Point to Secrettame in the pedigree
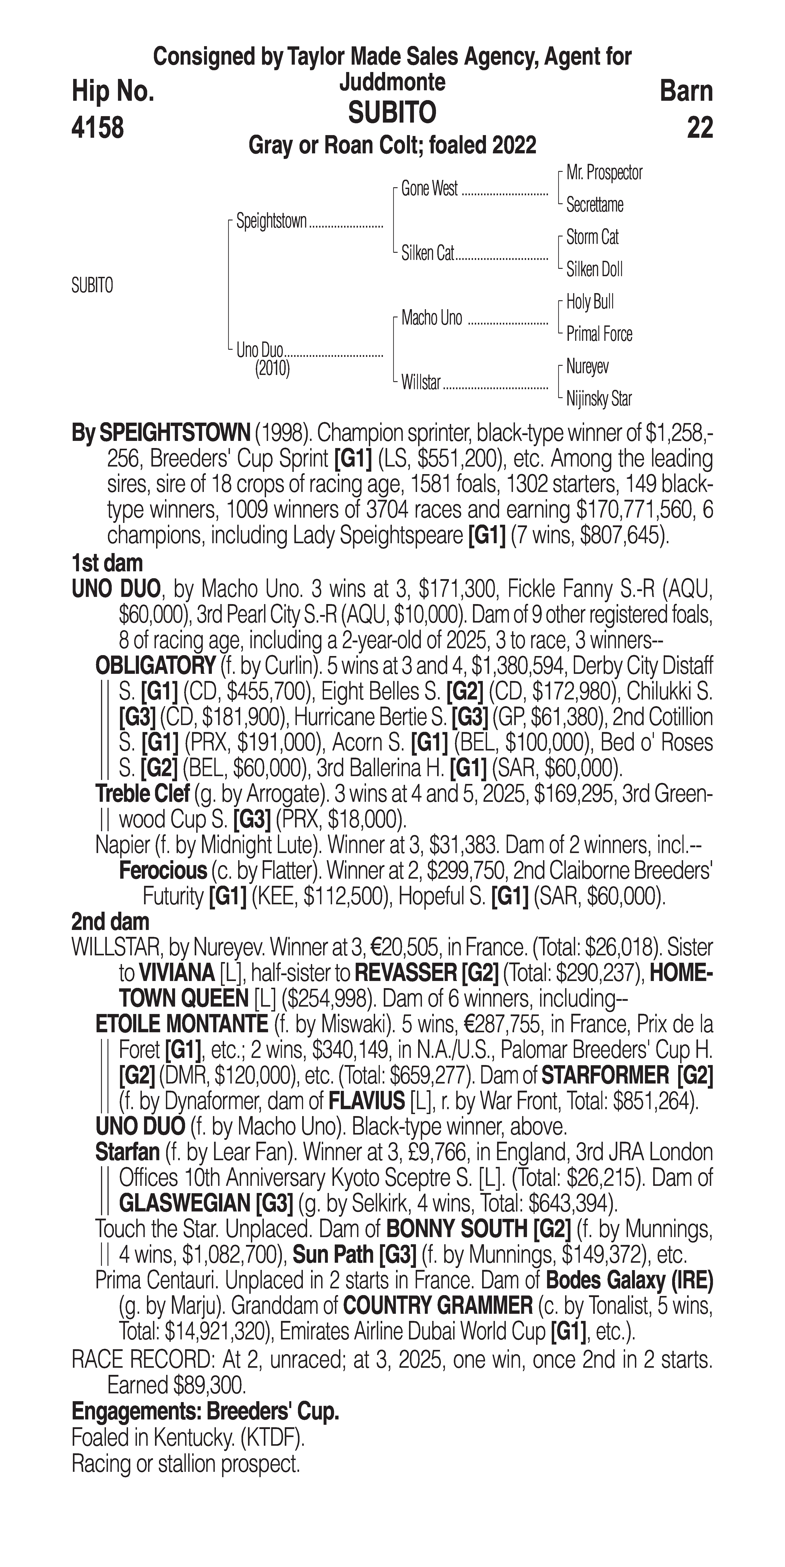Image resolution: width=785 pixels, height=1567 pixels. pyautogui.click(x=595, y=205)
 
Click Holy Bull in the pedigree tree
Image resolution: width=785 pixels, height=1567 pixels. pyautogui.click(x=590, y=302)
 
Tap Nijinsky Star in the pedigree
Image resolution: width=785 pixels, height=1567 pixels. pyautogui.click(x=599, y=399)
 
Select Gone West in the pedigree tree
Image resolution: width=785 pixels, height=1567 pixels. pyautogui.click(x=429, y=189)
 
